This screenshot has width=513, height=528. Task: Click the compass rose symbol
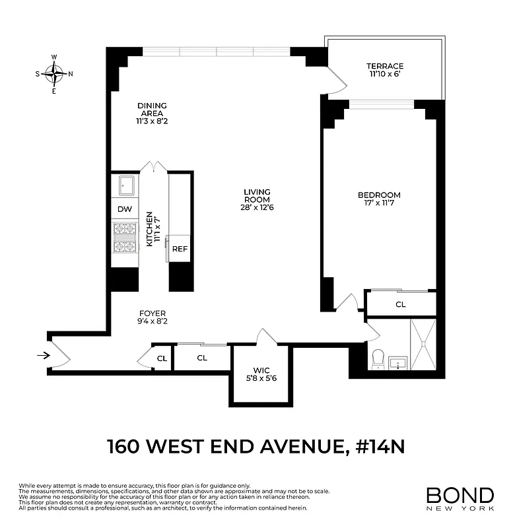click(54, 73)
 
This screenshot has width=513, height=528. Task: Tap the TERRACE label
click(385, 66)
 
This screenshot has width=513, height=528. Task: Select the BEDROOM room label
click(379, 195)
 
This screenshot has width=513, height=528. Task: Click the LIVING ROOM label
click(256, 196)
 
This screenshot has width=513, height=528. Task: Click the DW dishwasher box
click(125, 209)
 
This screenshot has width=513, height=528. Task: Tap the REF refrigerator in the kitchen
click(180, 249)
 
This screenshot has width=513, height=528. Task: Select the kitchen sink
click(125, 185)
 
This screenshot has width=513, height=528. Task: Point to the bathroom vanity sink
click(397, 363)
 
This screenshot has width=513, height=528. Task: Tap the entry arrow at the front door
click(43, 356)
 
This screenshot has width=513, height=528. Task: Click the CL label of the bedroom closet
click(400, 305)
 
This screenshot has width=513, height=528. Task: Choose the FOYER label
click(152, 313)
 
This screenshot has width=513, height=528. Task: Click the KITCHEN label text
click(150, 229)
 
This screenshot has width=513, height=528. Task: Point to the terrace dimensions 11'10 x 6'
click(385, 75)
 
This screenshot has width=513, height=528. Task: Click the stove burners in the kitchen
click(125, 238)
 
